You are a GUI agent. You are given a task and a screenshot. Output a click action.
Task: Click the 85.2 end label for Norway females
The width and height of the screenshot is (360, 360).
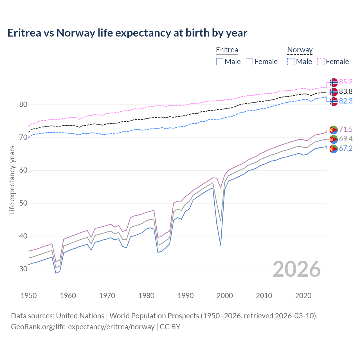346,82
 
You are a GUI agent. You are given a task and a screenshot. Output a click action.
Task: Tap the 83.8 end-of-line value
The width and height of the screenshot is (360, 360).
346,91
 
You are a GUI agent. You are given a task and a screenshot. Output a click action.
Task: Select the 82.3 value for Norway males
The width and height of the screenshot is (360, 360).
346,101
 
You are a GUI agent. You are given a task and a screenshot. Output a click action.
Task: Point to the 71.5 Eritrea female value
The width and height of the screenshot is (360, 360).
346,129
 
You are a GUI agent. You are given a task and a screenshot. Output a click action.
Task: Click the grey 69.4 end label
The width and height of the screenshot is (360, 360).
346,139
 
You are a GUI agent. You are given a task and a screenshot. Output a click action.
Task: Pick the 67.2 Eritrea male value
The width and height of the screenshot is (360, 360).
346,148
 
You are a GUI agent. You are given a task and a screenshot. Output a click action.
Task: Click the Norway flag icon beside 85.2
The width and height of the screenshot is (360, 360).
334,82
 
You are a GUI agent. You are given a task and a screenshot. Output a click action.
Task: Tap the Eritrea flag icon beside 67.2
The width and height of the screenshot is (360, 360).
334,149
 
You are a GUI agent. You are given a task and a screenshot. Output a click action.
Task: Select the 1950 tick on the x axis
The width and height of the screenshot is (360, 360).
29,296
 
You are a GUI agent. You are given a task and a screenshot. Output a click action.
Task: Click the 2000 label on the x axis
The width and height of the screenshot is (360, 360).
225,296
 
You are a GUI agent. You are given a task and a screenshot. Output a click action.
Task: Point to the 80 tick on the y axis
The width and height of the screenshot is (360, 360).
23,105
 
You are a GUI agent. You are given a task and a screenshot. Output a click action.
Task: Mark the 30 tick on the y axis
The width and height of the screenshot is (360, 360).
23,269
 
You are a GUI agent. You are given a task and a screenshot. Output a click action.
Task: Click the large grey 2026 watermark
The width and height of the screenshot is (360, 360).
297,269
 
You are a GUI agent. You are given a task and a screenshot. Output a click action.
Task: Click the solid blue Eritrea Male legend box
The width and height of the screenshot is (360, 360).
220,62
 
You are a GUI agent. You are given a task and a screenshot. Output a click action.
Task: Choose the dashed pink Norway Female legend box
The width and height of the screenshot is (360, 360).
321,62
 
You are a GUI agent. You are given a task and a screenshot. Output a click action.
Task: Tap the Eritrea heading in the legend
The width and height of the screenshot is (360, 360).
227,50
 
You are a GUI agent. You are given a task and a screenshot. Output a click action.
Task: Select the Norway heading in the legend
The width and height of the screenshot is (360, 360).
300,50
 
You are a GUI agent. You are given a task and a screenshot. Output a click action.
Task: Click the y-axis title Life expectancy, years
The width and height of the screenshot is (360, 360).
12,180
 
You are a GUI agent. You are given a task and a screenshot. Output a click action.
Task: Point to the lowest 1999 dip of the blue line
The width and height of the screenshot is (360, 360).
220,245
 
